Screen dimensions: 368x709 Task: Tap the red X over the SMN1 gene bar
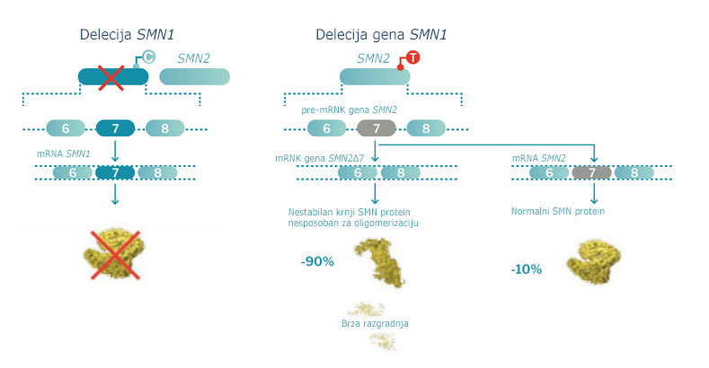111,77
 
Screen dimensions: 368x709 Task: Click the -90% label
317,261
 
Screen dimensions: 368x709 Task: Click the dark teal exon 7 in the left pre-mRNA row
115,128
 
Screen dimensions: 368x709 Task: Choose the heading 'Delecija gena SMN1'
381,35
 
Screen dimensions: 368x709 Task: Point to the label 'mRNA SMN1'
63,154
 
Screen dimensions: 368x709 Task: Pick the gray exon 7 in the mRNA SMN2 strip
590,173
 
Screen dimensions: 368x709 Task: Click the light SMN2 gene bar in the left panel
194,77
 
